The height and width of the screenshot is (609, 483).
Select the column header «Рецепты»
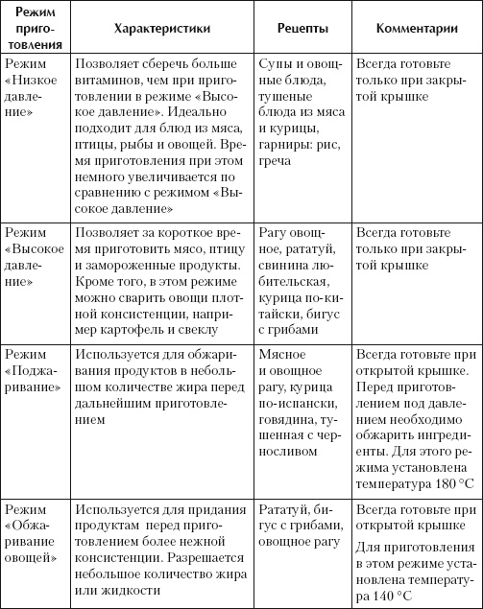(298, 28)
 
